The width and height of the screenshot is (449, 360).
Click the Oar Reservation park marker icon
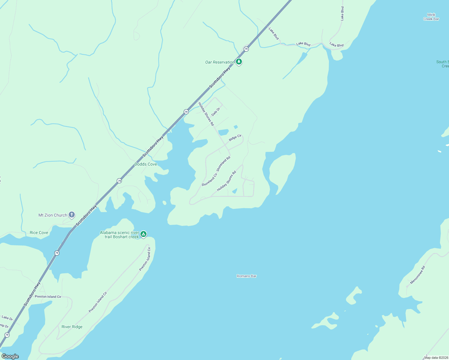(239, 62)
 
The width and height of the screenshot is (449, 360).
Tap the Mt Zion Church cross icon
(71, 215)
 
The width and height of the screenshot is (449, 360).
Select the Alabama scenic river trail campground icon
(143, 234)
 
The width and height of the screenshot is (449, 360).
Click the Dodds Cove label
(146, 164)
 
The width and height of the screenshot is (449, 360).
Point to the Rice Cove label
(39, 232)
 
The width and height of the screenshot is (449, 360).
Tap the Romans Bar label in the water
(246, 276)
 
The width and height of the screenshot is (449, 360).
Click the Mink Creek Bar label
(431, 17)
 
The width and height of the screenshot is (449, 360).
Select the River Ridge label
(72, 327)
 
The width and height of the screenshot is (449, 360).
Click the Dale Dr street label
(216, 112)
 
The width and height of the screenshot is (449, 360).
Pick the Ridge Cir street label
(235, 138)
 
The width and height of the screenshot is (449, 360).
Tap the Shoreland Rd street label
(223, 164)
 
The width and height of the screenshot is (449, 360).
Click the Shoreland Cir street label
(209, 180)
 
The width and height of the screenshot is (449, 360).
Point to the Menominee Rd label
(417, 275)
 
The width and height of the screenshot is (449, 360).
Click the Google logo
(10, 356)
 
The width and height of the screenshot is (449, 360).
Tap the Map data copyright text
(436, 358)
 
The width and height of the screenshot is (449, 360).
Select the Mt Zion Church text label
(53, 215)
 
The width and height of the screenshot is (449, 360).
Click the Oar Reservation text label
(220, 62)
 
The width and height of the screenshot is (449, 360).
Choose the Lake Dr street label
(7, 318)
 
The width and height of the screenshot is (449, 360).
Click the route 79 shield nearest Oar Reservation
(246, 49)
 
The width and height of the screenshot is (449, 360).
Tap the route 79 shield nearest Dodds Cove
(119, 181)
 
